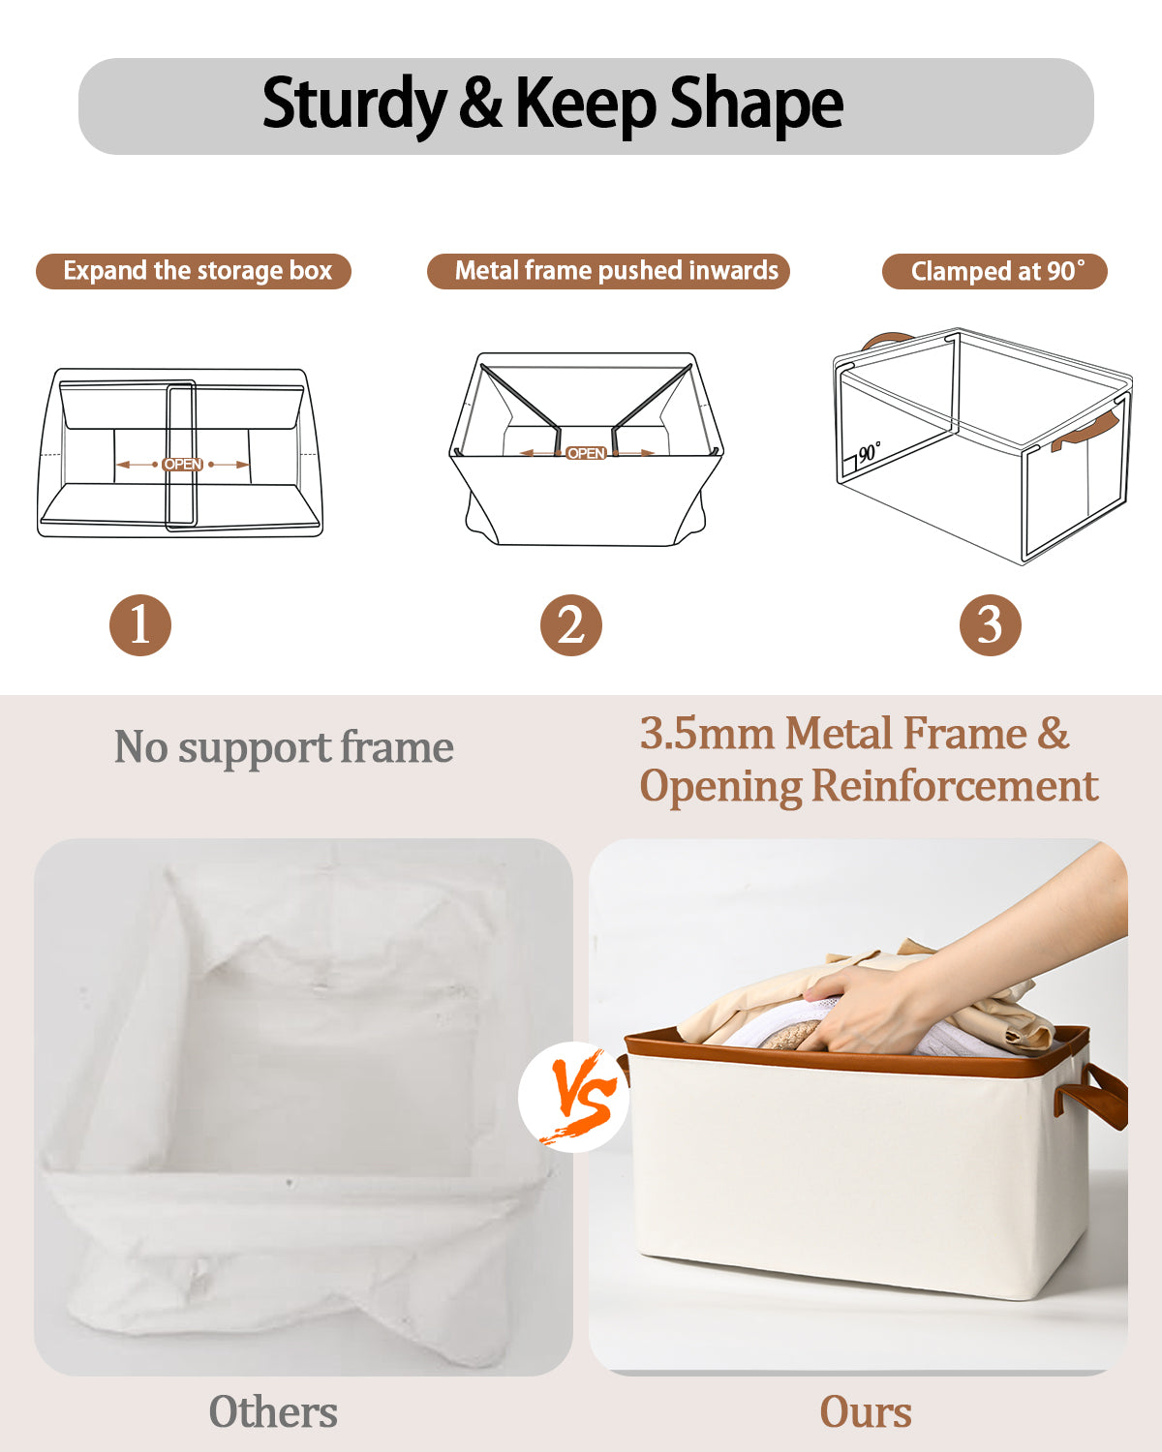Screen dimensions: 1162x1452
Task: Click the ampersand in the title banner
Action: coord(480,102)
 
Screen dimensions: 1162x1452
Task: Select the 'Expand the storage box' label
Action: coord(194,271)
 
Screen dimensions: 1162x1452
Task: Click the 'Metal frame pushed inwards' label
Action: coord(608,271)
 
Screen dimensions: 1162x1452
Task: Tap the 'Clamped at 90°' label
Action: coord(994,271)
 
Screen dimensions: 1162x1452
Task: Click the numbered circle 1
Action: coord(140,624)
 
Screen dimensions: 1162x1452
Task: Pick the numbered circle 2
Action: coord(571,624)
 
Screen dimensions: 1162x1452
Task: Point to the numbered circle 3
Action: coord(991,624)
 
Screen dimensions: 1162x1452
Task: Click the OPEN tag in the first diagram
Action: coord(182,465)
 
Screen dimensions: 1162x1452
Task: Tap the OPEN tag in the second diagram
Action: coord(586,453)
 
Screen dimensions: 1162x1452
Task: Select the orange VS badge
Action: coord(574,1097)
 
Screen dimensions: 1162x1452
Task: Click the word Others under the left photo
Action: coord(273,1411)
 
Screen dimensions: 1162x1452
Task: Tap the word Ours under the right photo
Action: coord(866,1411)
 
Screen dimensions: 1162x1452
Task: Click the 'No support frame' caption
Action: coord(284,747)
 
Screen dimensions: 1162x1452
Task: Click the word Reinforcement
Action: coord(955,786)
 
